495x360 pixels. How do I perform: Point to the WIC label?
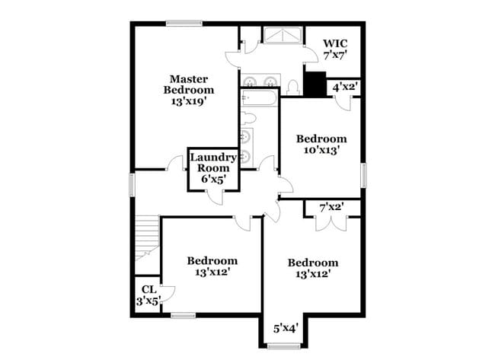[x=335, y=43]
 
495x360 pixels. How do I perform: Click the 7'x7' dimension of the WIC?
[x=335, y=56]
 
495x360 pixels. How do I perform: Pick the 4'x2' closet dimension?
[x=346, y=88]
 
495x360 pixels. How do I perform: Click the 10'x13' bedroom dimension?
[x=321, y=150]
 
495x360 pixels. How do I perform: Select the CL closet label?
[x=148, y=288]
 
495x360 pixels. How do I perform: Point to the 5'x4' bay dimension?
[x=286, y=329]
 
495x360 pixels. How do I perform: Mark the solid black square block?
[x=314, y=83]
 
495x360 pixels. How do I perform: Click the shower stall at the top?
[x=283, y=34]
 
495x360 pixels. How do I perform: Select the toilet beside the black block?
[x=293, y=87]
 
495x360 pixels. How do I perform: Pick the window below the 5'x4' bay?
[x=286, y=346]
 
